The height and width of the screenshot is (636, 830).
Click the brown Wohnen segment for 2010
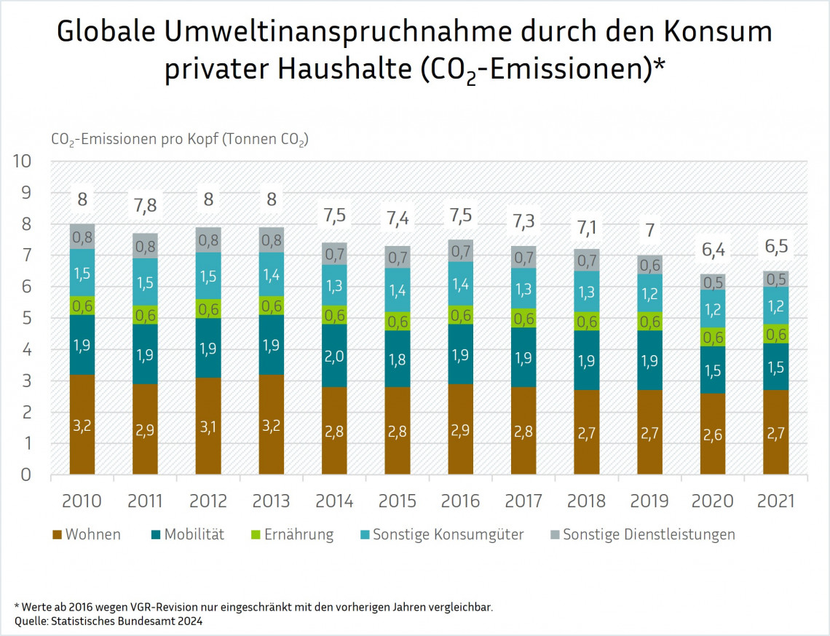82,424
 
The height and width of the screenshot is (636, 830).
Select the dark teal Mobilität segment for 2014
334,356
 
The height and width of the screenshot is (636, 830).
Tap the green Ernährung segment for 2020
713,337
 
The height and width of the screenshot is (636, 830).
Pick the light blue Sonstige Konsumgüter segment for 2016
460,284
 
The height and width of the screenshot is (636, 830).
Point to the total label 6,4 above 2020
713,250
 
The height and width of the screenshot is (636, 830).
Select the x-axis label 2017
523,501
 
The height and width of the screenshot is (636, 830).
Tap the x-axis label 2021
776,501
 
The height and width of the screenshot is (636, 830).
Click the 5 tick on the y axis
27,318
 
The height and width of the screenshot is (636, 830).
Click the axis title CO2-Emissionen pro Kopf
179,139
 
